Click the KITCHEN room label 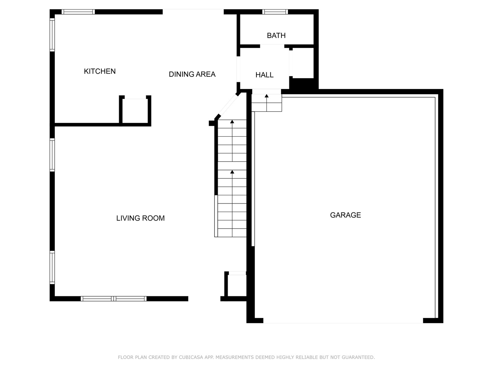tap(100, 71)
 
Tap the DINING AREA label tap(192, 74)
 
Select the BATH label tap(276, 36)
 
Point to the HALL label tap(264, 75)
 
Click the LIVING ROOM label tap(140, 218)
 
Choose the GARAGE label tap(345, 215)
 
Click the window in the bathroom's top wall tap(275, 12)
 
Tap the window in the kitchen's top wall tap(78, 12)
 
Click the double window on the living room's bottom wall tap(114, 299)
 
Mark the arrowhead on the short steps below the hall tap(266, 96)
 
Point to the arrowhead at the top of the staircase tap(232, 122)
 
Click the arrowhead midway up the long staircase tap(232, 172)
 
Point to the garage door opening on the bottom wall tap(343, 321)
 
